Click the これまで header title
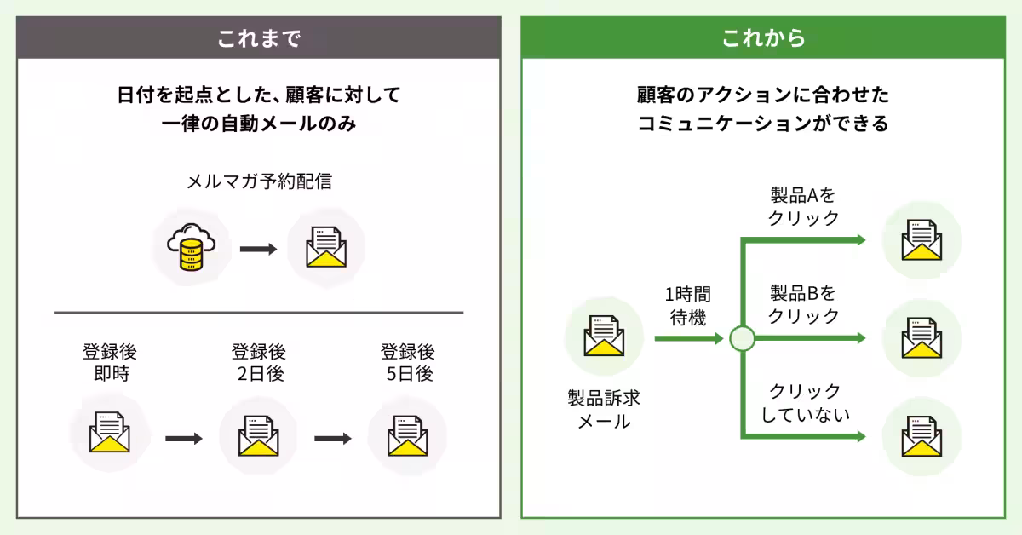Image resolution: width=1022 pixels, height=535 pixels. (258, 38)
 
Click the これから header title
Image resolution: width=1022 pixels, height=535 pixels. (763, 38)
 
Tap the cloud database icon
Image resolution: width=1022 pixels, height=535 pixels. (190, 249)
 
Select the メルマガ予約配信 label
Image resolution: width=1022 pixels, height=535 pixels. (258, 181)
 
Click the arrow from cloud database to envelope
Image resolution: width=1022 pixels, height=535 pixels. (258, 250)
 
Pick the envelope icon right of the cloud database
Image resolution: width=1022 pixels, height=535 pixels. (326, 249)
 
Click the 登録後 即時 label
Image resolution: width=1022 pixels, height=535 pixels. (109, 362)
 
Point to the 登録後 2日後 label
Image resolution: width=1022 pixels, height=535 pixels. (258, 362)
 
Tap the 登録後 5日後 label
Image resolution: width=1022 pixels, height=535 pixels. (407, 362)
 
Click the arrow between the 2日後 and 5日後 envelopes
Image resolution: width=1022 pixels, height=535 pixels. (332, 439)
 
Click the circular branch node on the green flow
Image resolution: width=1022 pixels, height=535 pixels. (743, 339)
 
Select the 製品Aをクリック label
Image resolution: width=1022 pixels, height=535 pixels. (803, 207)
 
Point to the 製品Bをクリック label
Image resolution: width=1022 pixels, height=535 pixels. (803, 304)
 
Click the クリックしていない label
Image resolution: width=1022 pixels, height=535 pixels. (803, 402)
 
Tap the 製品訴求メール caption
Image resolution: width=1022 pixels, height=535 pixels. (604, 409)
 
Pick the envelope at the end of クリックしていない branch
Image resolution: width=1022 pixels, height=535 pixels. (922, 436)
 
